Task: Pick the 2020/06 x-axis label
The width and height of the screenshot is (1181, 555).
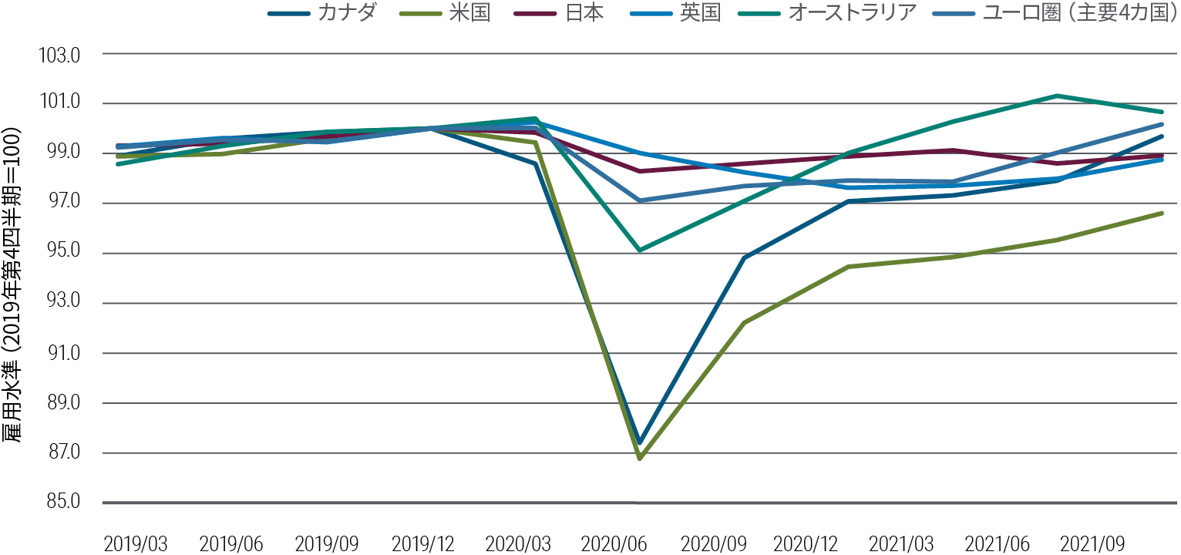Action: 614,544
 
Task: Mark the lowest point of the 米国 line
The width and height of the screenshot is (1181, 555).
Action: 640,459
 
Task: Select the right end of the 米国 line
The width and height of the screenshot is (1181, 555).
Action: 1162,213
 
